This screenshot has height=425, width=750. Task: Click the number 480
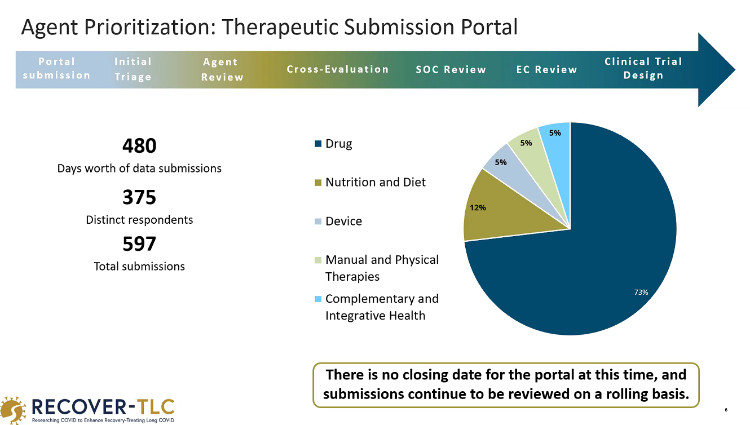tap(139, 146)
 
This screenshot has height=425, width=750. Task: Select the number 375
tap(139, 197)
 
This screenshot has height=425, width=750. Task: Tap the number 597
tap(139, 244)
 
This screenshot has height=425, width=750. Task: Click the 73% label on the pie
tap(641, 292)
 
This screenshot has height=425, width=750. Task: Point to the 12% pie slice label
tap(478, 208)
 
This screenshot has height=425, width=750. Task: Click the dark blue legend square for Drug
tap(318, 144)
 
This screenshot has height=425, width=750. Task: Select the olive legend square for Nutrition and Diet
tap(318, 183)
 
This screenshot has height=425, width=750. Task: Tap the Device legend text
tap(343, 221)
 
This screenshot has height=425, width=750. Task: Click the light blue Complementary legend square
tap(318, 299)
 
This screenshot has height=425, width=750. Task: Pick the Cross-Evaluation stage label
tap(337, 69)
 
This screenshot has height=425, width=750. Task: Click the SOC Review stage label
tap(451, 69)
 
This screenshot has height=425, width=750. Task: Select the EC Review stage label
tap(546, 69)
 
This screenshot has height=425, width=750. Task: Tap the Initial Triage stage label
tap(133, 69)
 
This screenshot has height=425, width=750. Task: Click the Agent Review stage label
tap(222, 69)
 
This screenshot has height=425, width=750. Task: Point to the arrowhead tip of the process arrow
tap(735, 70)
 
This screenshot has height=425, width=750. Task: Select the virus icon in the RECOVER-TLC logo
tap(13, 410)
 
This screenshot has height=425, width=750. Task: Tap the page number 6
tap(726, 410)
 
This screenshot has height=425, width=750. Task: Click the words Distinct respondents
tap(139, 220)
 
